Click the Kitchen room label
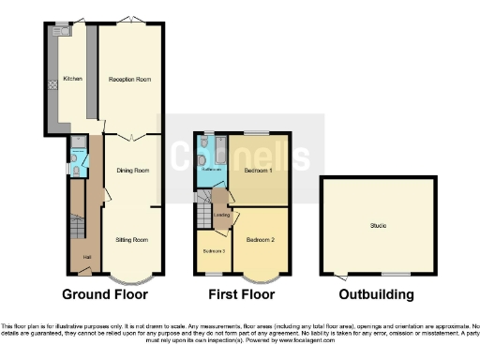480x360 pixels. pos(72,79)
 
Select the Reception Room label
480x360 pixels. pos(130,79)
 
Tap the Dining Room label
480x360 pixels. pos(132,171)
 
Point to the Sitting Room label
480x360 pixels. pos(132,240)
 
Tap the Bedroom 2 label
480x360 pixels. pos(260,240)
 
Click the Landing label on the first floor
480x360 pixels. pos(221,215)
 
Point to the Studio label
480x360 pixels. pos(378,225)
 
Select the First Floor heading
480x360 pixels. pos(242,294)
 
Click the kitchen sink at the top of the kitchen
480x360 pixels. pos(64,30)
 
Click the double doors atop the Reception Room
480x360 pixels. pos(131,21)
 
